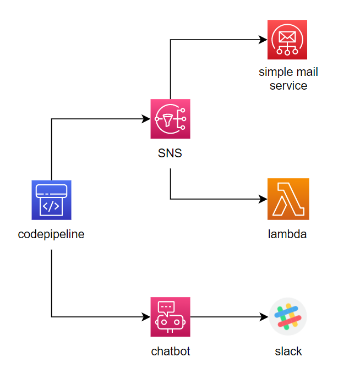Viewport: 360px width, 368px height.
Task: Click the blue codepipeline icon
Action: click(51, 200)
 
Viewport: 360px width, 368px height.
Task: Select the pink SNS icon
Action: click(170, 119)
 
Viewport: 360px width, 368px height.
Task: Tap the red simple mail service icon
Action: click(287, 40)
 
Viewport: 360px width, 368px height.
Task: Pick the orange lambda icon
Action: click(288, 199)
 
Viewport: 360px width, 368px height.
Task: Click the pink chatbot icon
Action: click(170, 317)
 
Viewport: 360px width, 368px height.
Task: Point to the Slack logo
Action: click(288, 317)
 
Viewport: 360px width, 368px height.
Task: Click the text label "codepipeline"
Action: click(51, 234)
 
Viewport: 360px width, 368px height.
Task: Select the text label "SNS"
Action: click(170, 153)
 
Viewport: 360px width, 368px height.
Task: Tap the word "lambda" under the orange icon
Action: click(287, 234)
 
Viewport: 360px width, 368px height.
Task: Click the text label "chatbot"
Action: click(171, 351)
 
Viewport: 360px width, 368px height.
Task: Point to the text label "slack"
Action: click(288, 351)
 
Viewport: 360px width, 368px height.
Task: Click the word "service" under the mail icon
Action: click(288, 86)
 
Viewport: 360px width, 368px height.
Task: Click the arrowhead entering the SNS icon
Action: click(147, 119)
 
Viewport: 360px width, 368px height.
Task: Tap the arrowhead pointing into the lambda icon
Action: click(264, 199)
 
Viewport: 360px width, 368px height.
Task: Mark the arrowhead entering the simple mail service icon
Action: click(264, 40)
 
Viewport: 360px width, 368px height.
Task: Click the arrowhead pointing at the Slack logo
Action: click(264, 317)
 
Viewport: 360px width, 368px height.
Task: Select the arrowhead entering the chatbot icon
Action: click(147, 317)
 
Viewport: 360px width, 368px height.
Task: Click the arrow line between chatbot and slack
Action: click(226, 317)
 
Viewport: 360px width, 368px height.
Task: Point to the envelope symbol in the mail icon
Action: click(287, 37)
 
